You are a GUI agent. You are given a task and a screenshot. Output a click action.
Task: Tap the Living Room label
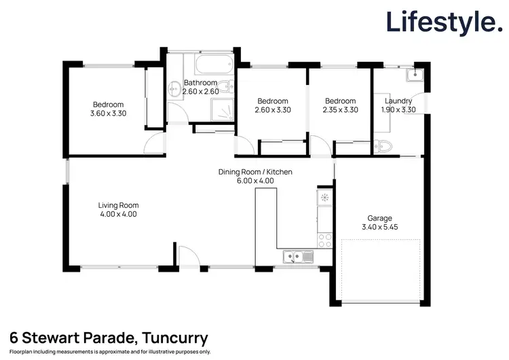point(118,204)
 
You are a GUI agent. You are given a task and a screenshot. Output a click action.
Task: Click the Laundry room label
point(398,101)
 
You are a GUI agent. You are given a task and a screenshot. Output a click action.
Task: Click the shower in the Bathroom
point(222,112)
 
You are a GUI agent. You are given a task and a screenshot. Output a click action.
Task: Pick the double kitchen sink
point(297,256)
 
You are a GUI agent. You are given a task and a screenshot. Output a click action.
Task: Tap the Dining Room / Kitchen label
point(255,173)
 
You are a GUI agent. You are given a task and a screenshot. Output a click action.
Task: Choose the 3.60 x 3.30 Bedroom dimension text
point(108,114)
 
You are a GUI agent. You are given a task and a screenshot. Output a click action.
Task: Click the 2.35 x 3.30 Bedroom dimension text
point(340,109)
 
